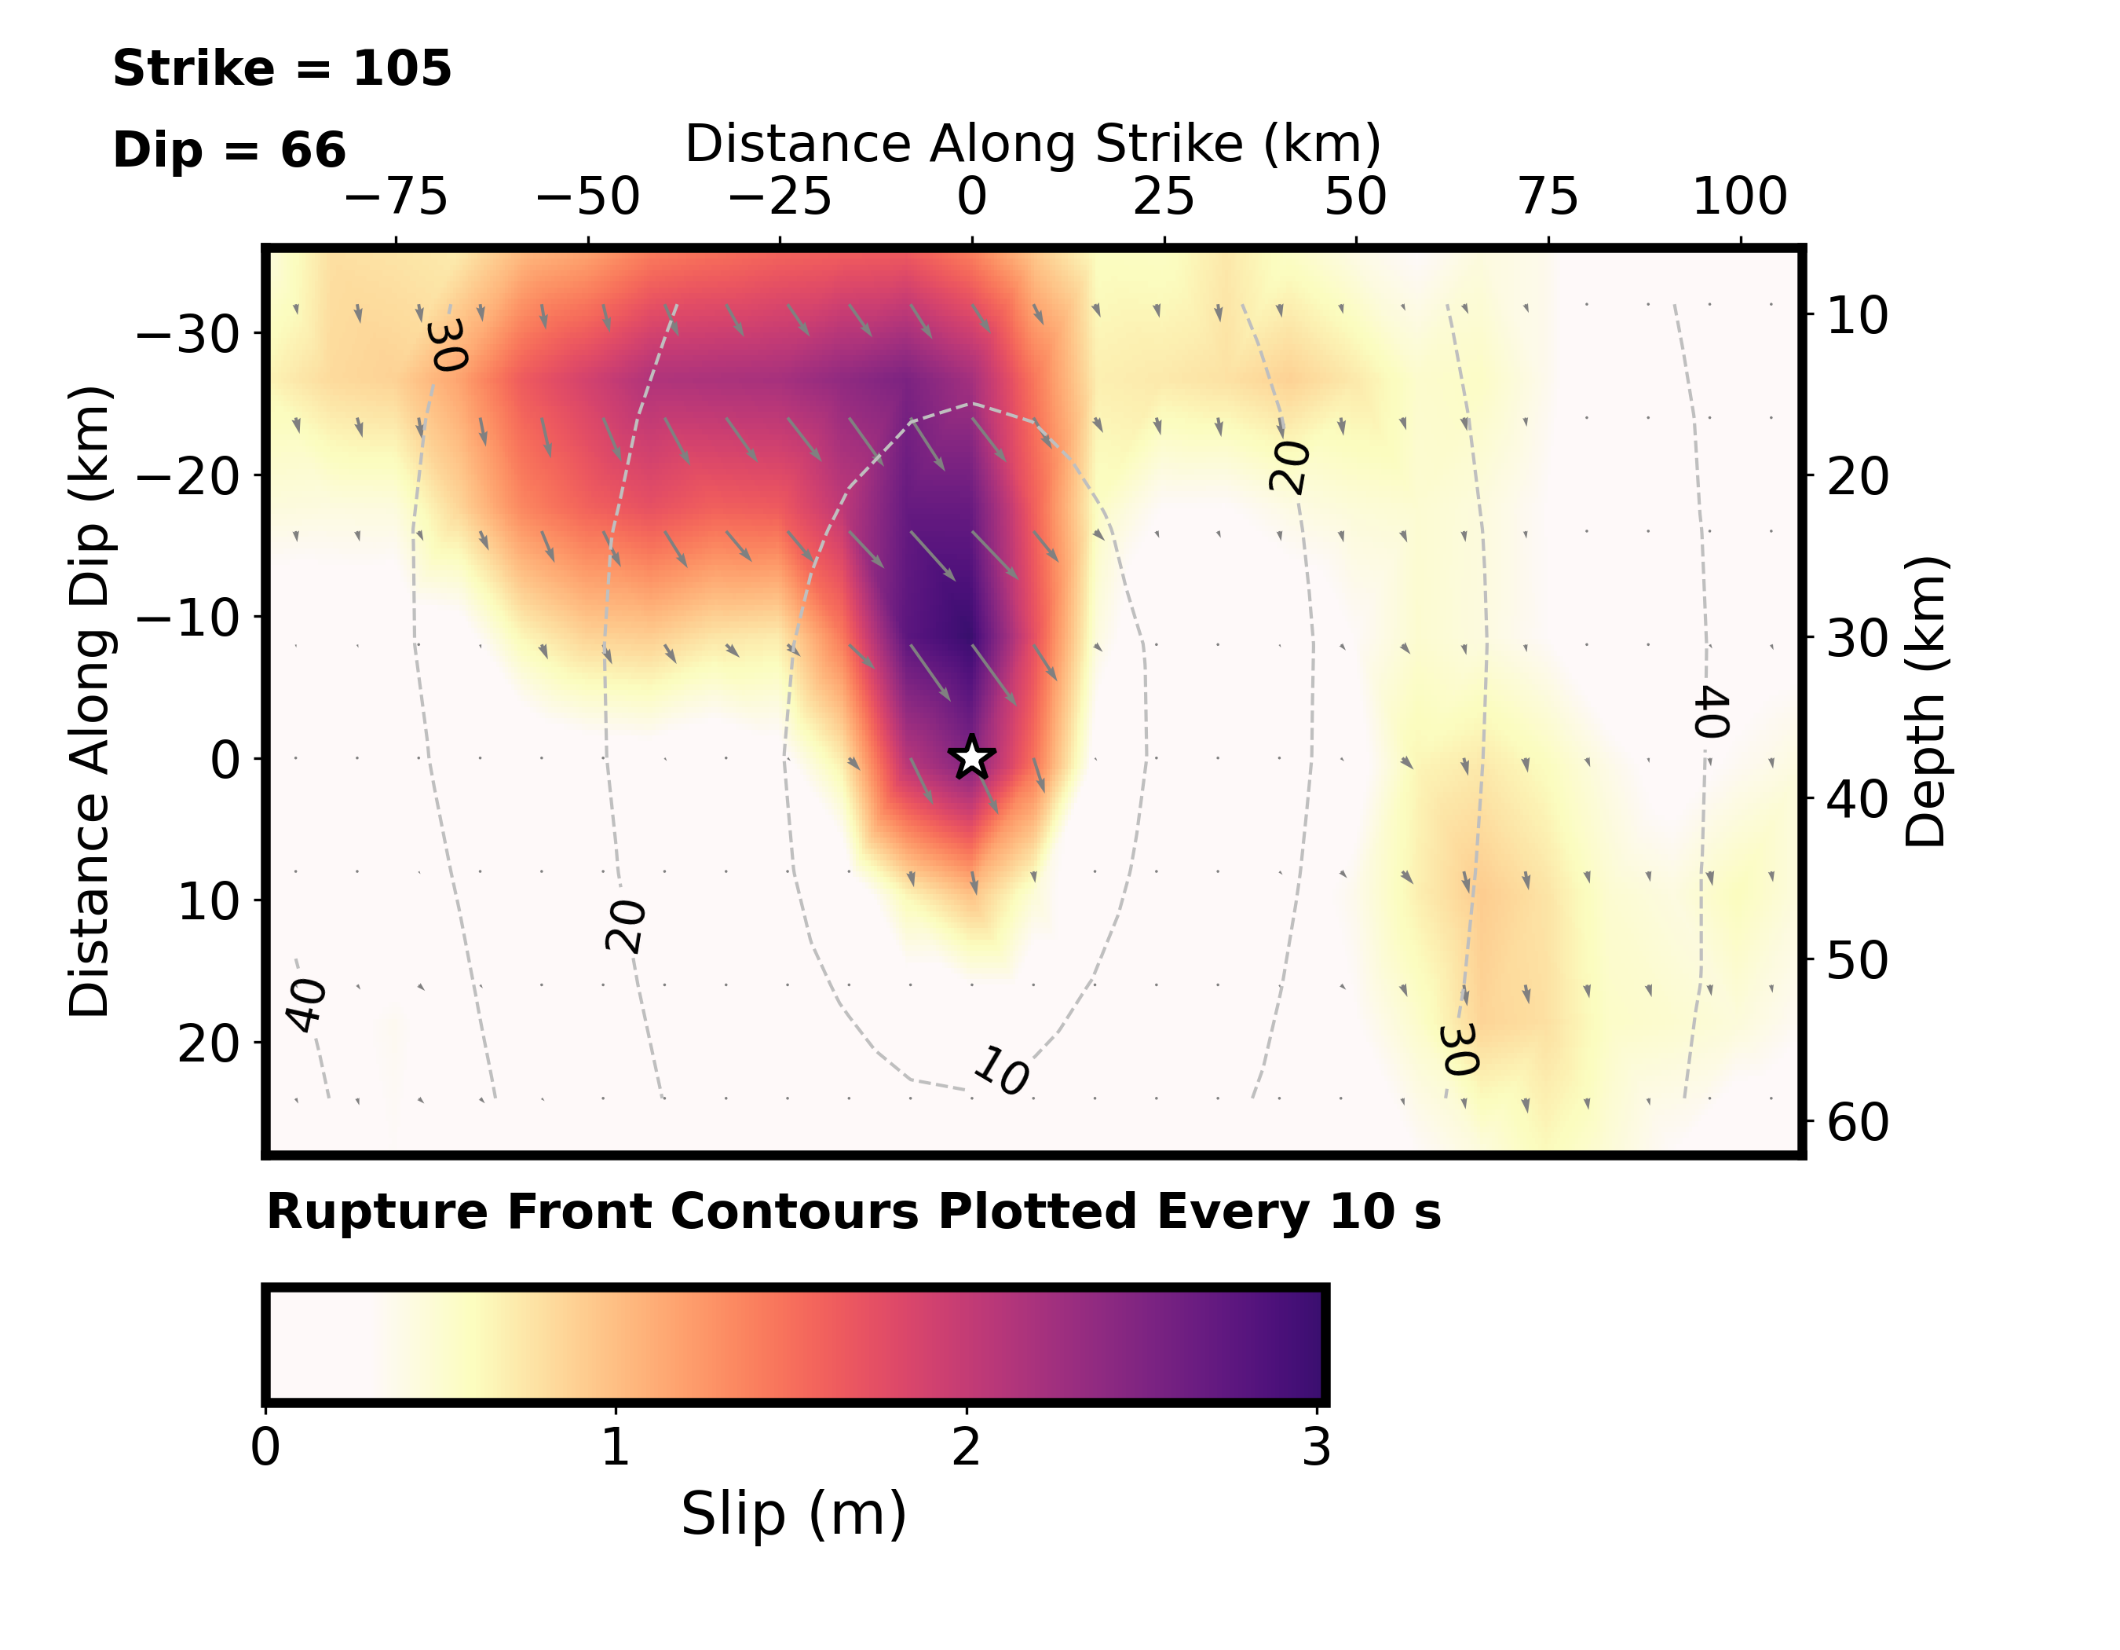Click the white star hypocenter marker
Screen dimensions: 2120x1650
(972, 757)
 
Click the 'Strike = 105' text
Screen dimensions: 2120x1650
(283, 69)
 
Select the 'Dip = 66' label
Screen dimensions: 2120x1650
(229, 151)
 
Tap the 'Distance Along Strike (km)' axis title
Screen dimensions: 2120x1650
(1033, 145)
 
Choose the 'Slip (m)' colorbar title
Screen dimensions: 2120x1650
(793, 1514)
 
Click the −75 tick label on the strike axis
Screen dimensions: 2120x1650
(396, 197)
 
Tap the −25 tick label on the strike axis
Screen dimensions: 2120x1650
(780, 197)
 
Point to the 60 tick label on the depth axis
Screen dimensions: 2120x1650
(1858, 1123)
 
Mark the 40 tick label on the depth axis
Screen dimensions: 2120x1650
(1858, 799)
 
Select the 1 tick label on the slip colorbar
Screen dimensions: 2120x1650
(616, 1448)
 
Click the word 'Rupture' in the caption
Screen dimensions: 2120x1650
(378, 1213)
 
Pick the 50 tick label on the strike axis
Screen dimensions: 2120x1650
(1356, 197)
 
